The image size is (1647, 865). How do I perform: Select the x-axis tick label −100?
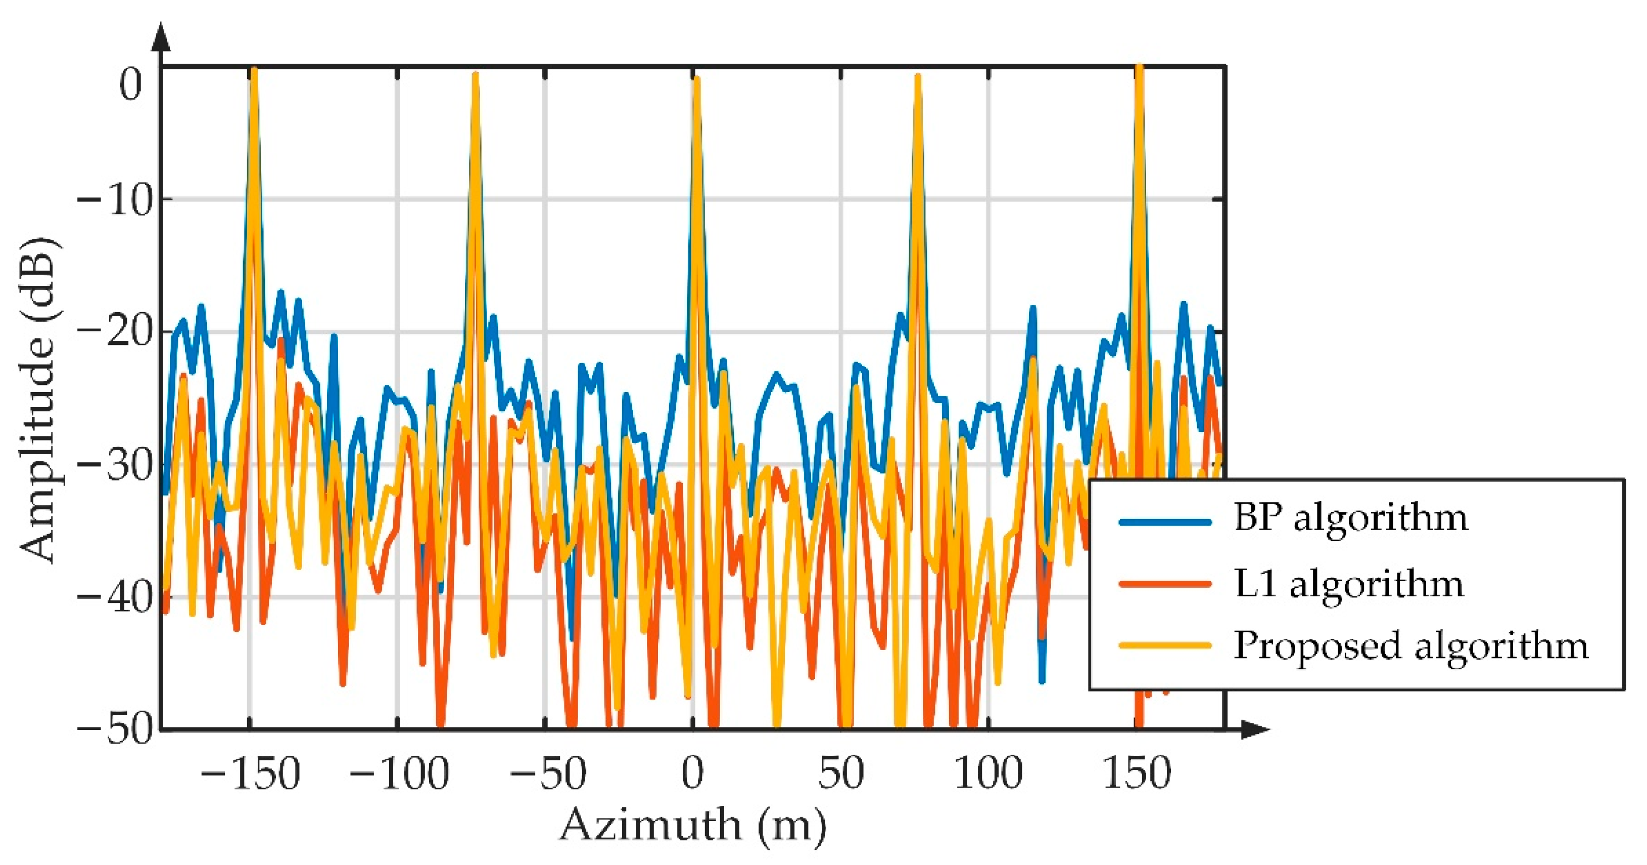399,773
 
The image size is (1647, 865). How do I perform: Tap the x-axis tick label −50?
547,773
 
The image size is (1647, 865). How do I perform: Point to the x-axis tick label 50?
841,773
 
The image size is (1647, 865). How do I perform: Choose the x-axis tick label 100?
989,773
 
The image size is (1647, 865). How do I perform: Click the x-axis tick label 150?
1137,773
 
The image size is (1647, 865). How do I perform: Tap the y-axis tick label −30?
116,465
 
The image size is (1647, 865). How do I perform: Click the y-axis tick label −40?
116,597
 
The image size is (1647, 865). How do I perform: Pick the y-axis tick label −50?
116,729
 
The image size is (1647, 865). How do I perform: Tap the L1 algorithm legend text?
1348,583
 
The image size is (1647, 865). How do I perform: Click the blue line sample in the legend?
1165,522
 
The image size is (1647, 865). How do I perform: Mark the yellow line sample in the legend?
1165,645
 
